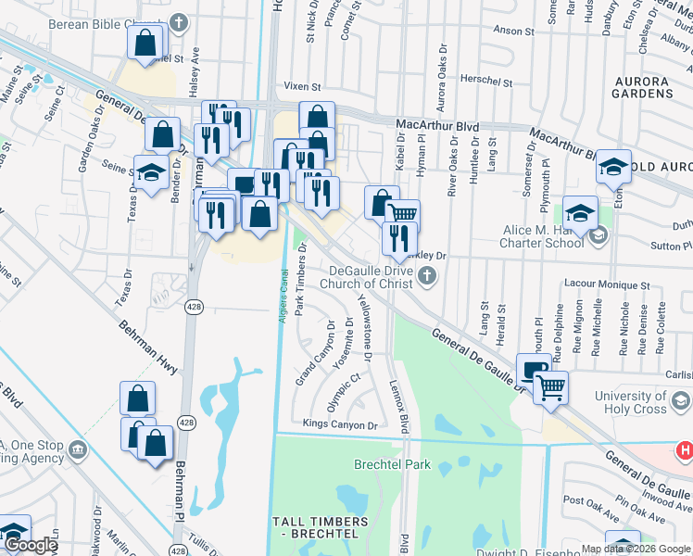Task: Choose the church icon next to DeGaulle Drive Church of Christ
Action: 426,274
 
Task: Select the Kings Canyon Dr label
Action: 341,425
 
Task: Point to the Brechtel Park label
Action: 381,464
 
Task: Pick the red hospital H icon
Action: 685,450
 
